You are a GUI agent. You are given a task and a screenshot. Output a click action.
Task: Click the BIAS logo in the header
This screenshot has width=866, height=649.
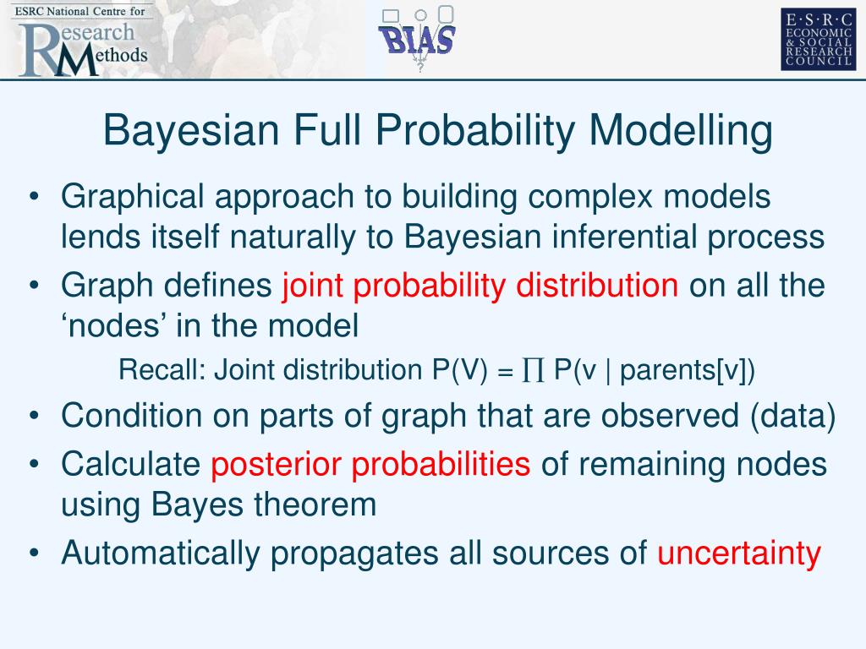tap(417, 39)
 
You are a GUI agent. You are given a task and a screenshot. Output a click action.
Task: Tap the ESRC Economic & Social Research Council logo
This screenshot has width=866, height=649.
tap(818, 39)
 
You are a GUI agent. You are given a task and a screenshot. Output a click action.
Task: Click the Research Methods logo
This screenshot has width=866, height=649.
tap(82, 41)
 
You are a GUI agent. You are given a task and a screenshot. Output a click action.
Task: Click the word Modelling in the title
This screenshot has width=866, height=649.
tap(681, 130)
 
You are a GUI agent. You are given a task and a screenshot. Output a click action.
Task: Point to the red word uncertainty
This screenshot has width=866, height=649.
tap(739, 553)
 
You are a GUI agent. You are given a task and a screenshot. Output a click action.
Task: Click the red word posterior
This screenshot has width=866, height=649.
tap(276, 465)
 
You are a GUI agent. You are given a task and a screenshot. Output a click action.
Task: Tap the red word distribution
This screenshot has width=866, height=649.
tap(597, 286)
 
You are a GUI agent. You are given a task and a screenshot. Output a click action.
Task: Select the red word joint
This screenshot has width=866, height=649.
tap(313, 286)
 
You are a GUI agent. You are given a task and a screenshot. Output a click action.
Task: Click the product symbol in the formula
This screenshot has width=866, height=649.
tap(533, 370)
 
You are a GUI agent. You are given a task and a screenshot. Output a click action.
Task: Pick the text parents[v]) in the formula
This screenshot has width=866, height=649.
tap(687, 370)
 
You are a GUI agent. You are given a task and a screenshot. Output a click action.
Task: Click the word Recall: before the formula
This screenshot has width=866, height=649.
tap(162, 369)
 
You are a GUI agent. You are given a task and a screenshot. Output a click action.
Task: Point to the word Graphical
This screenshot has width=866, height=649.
tap(133, 197)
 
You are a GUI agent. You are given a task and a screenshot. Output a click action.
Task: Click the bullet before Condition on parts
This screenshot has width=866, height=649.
tap(34, 416)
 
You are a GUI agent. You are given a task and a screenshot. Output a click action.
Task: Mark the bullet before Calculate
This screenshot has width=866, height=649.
tap(34, 464)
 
